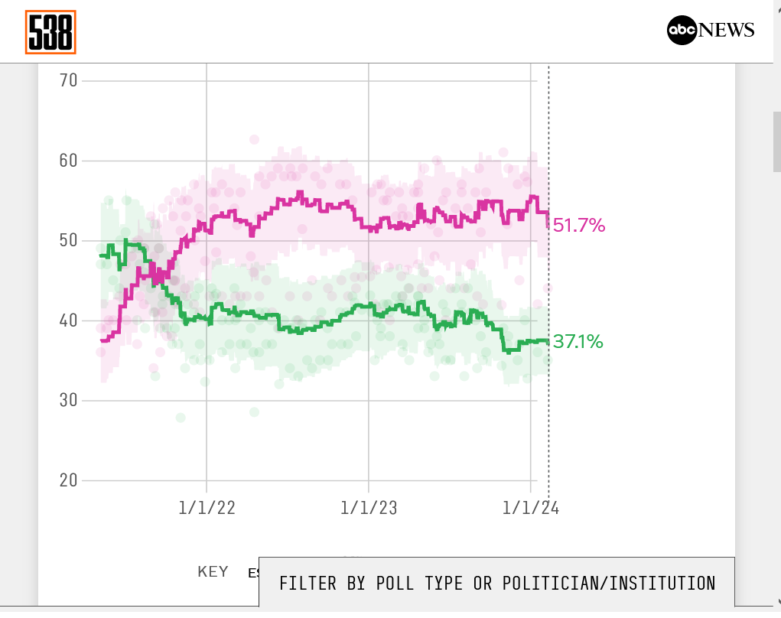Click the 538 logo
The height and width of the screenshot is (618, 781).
50,32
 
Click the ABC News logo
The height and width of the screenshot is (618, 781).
711,31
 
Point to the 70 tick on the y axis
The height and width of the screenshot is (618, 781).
69,80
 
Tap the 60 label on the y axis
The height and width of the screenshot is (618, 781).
69,161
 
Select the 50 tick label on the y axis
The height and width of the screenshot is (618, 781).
69,240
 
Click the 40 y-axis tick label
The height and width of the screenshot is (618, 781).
69,320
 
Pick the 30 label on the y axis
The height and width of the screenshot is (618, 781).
69,400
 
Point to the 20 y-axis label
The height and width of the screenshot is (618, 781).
69,480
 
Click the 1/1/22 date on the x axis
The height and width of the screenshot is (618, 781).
207,508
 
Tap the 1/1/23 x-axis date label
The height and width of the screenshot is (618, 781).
369,508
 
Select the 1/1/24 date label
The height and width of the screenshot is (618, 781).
531,508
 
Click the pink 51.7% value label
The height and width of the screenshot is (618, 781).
579,226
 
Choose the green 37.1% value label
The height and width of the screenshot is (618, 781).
578,342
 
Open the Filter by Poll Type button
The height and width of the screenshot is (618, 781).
497,583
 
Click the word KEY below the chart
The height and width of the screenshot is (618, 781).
213,572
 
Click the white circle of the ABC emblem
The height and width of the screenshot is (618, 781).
682,31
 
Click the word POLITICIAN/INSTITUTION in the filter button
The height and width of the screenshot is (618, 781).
609,583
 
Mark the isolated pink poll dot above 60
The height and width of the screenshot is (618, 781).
254,139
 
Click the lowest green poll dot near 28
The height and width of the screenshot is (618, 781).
180,418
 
